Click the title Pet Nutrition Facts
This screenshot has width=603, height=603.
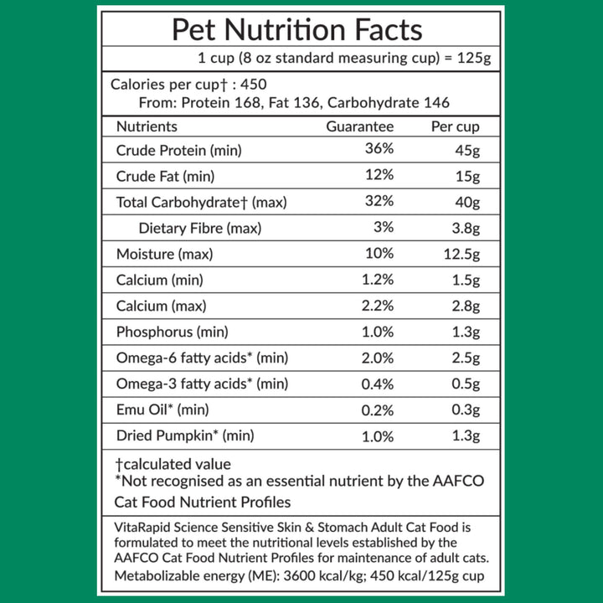coord(296,30)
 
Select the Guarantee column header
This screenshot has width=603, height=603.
coord(359,126)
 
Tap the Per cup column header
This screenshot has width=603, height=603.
coord(456,126)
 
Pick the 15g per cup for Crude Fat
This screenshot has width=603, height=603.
coord(467,176)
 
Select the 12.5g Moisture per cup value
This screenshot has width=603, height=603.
coord(461,254)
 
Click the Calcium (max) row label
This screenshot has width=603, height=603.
coord(161,306)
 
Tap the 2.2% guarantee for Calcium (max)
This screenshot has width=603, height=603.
coord(378,306)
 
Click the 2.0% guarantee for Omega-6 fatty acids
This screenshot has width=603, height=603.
coord(378,358)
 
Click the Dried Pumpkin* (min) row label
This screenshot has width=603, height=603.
coord(184,435)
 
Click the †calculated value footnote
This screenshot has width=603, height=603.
coord(173,463)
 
